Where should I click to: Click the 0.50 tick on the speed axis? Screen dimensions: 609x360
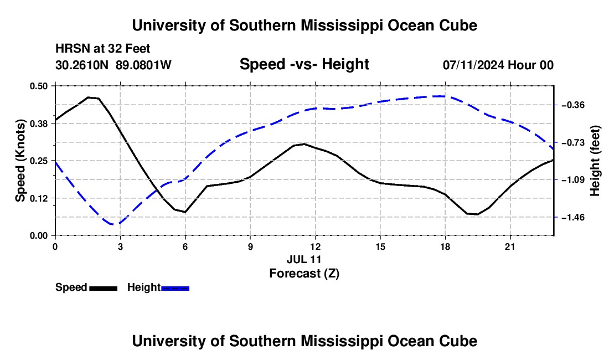pyautogui.click(x=38, y=86)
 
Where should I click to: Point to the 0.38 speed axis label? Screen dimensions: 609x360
pyautogui.click(x=38, y=124)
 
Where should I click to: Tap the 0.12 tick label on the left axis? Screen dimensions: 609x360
pyautogui.click(x=38, y=198)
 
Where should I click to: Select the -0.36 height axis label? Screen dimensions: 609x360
pyautogui.click(x=573, y=105)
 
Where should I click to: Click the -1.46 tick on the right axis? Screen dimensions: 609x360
pyautogui.click(x=573, y=218)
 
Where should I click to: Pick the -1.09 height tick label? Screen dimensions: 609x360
pyautogui.click(x=573, y=180)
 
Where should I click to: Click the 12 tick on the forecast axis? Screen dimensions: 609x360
pyautogui.click(x=316, y=246)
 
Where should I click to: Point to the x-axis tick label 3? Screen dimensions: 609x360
pyautogui.click(x=120, y=246)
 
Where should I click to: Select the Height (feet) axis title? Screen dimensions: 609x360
pyautogui.click(x=595, y=161)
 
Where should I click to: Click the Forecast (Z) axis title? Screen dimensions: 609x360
pyautogui.click(x=304, y=274)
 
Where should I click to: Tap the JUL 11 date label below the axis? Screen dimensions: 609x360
pyautogui.click(x=304, y=259)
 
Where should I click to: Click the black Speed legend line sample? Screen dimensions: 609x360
pyautogui.click(x=104, y=289)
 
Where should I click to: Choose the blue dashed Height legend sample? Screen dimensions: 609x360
pyautogui.click(x=175, y=289)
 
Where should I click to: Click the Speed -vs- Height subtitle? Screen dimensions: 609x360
pyautogui.click(x=304, y=64)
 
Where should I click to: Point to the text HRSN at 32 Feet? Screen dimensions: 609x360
pyautogui.click(x=102, y=49)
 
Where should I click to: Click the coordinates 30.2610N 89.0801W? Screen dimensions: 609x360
pyautogui.click(x=113, y=65)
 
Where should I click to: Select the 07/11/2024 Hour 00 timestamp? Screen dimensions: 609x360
pyautogui.click(x=498, y=65)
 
